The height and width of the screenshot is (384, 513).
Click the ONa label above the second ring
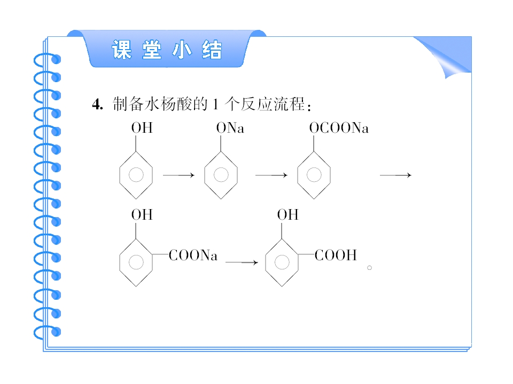click(x=230, y=128)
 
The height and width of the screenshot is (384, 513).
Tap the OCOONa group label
click(x=339, y=128)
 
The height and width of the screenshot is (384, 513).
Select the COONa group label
click(x=193, y=255)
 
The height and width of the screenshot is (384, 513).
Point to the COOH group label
click(x=336, y=255)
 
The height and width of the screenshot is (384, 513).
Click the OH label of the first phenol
click(x=142, y=128)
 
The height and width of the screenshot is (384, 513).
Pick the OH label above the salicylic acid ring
click(x=288, y=215)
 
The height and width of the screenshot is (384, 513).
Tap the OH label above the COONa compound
click(x=142, y=215)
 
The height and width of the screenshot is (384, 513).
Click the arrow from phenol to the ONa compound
click(x=178, y=175)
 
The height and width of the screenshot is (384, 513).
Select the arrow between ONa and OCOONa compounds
click(x=271, y=175)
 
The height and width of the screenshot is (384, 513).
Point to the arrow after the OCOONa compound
click(x=395, y=175)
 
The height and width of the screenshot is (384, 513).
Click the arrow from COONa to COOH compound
click(x=242, y=262)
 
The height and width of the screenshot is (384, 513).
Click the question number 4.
click(x=97, y=105)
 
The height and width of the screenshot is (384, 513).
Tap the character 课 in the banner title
click(x=122, y=50)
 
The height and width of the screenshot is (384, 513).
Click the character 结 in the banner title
click(x=212, y=50)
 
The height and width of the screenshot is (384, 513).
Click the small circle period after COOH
click(x=369, y=268)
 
